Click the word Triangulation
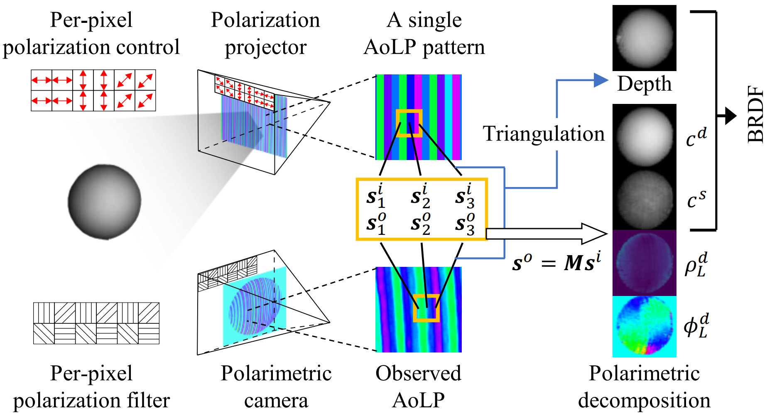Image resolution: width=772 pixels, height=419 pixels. click(x=543, y=134)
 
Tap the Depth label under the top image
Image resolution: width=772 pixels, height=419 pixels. click(x=644, y=84)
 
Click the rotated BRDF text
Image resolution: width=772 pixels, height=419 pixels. click(x=755, y=115)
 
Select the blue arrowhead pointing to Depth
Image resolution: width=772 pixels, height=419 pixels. click(x=600, y=80)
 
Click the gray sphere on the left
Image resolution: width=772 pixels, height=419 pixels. click(x=104, y=202)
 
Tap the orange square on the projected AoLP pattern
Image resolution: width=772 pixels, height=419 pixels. click(x=409, y=123)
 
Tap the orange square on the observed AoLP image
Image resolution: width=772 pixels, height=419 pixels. click(x=426, y=308)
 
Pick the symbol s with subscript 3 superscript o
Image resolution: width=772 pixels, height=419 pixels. click(x=465, y=224)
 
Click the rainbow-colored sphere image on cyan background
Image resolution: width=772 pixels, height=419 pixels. click(x=644, y=326)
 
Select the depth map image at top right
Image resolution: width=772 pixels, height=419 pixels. click(x=644, y=38)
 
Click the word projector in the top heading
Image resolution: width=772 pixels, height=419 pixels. click(x=265, y=47)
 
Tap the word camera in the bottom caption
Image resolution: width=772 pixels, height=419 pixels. click(x=276, y=400)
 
